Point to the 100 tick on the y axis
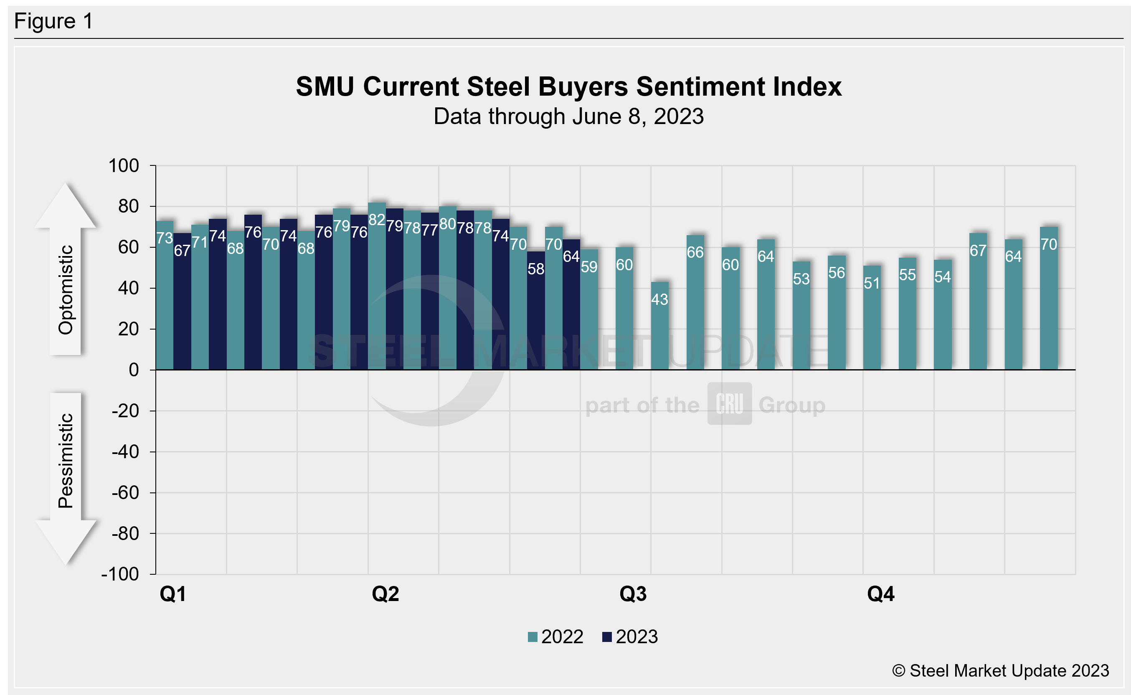[124, 165]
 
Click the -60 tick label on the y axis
[125, 493]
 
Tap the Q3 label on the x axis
[633, 594]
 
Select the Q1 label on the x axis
[173, 594]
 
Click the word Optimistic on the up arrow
[66, 289]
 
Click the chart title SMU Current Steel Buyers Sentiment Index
[568, 86]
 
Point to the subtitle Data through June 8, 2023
[568, 116]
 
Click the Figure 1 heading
[53, 21]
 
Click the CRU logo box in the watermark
[729, 403]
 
